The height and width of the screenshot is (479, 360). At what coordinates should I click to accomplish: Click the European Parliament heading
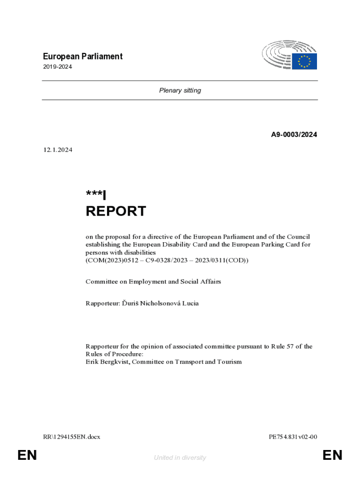82,57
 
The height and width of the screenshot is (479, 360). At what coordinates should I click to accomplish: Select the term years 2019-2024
57,67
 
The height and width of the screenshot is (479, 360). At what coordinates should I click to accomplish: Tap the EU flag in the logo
304,61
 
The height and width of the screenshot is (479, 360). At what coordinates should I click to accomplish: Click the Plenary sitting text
180,90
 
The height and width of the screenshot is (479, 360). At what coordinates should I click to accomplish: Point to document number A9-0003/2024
294,135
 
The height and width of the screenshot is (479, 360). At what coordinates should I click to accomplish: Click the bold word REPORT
116,211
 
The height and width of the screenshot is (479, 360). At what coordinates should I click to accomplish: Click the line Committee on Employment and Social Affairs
153,282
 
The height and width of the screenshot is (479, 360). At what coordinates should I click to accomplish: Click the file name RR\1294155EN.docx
71,437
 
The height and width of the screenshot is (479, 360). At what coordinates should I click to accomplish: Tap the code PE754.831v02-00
293,437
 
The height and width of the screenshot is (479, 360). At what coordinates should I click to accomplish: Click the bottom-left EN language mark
27,455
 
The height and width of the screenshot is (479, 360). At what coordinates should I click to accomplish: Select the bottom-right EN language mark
332,455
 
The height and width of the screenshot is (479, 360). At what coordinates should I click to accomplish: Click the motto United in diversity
180,457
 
